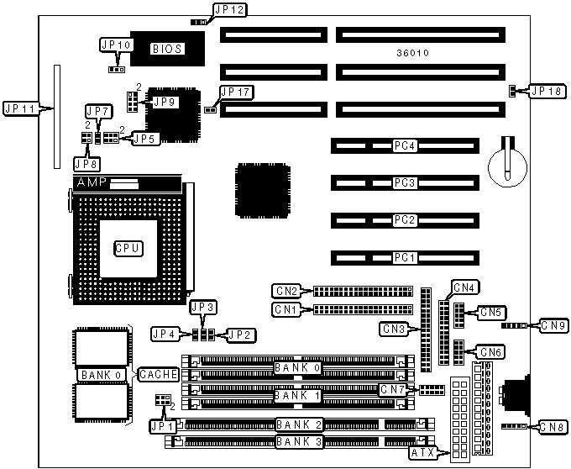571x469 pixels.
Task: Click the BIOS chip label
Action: [166, 49]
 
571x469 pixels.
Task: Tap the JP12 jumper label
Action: [229, 11]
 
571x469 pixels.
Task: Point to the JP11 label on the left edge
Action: [20, 108]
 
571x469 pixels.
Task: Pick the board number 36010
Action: [413, 53]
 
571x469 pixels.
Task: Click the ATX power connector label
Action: [423, 454]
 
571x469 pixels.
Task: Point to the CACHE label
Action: [157, 374]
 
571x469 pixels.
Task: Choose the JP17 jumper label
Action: [234, 92]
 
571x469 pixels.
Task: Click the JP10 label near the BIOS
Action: [116, 45]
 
